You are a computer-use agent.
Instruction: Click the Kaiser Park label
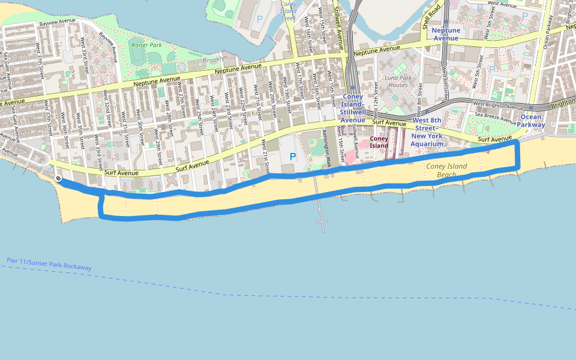pos(146,45)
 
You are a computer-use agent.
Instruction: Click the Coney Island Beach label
pos(446,170)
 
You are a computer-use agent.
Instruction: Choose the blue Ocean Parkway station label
pos(531,121)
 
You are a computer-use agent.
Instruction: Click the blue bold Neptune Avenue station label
pos(446,34)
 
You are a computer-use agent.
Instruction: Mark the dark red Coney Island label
pos(379,142)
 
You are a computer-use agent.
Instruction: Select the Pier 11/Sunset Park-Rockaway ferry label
pos(49,264)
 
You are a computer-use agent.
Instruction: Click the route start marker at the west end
pos(58,179)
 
